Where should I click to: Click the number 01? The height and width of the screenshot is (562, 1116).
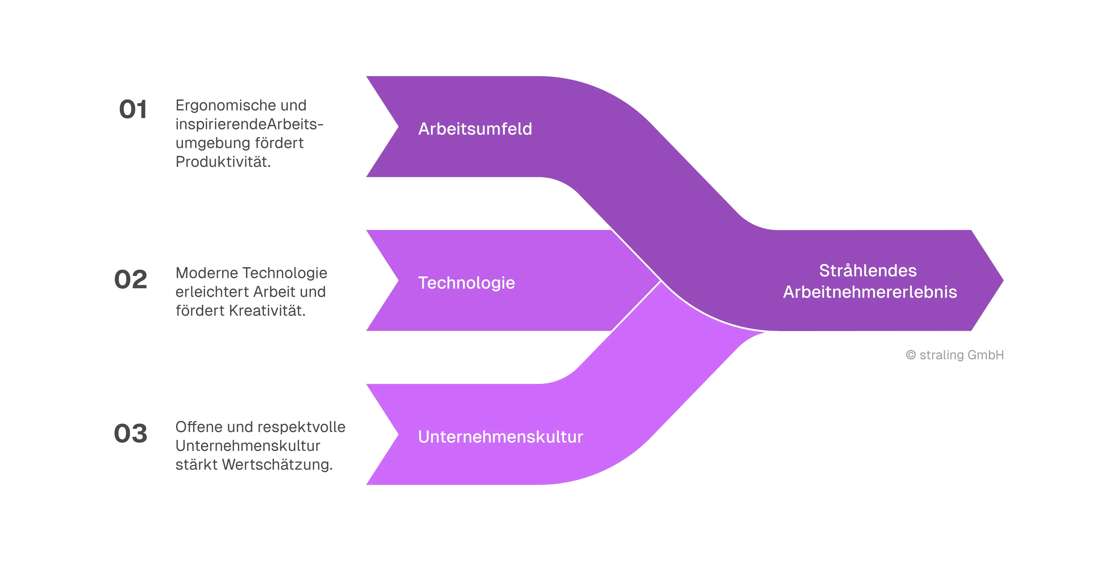coord(133,109)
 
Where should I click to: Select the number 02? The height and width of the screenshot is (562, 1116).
coord(131,279)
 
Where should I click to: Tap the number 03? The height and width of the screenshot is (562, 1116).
coord(131,433)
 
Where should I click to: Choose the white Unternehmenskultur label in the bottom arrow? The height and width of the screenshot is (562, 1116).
coord(500,437)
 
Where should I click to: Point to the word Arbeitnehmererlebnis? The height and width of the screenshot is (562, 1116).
coord(870,292)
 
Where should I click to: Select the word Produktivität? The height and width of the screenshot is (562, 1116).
coord(223,162)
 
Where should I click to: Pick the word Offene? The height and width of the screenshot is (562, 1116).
coord(198,427)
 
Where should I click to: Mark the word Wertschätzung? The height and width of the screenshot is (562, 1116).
coord(277,464)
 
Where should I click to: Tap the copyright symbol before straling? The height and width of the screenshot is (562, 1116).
coord(911,355)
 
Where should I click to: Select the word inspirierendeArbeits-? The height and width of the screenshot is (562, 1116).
coord(249,124)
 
